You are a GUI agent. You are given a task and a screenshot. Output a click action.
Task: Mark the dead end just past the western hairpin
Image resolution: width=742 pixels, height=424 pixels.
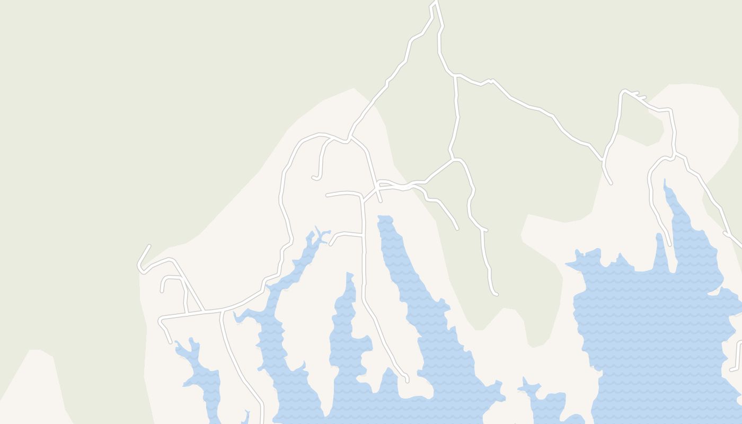(x=149, y=246)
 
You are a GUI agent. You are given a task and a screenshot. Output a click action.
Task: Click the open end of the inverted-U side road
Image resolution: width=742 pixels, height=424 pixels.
(x=162, y=290)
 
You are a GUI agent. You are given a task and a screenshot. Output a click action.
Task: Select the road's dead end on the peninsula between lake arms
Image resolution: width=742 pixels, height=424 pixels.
(x=407, y=380)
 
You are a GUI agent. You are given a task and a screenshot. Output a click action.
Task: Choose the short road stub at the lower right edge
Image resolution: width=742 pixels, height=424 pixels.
(x=732, y=369)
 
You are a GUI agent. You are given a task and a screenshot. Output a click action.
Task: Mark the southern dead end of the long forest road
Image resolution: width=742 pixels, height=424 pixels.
(x=496, y=294)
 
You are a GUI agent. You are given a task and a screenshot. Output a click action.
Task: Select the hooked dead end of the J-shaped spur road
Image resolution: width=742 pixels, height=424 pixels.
(x=314, y=178)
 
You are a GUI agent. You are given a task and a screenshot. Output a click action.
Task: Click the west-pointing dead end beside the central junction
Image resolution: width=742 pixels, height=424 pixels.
(x=328, y=196)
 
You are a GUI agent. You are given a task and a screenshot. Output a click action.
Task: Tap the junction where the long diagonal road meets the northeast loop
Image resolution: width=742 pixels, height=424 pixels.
(x=603, y=159)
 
